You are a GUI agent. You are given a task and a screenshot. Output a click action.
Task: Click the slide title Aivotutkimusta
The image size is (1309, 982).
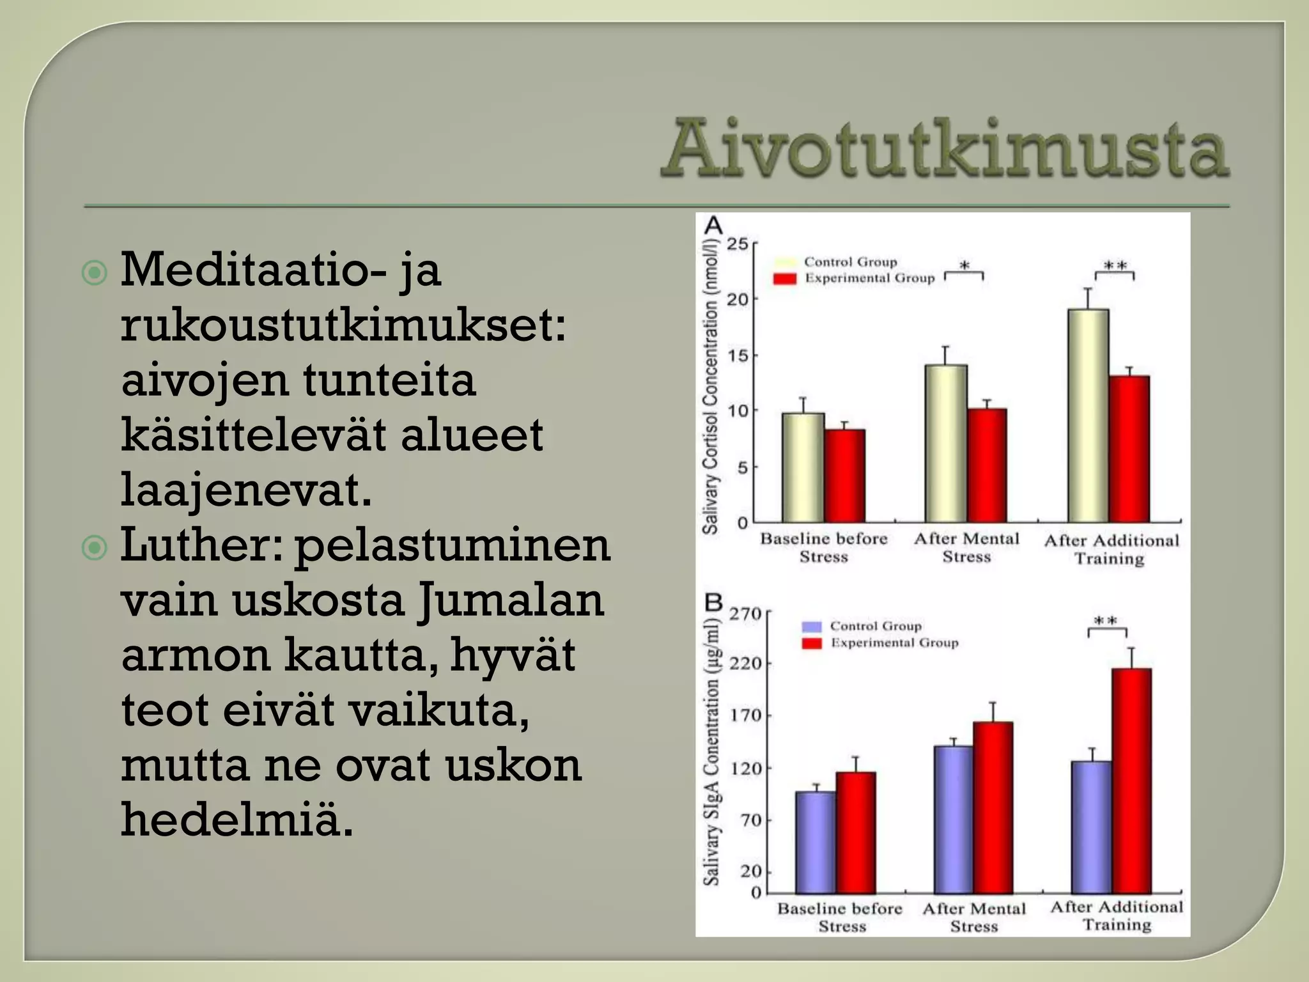click(945, 150)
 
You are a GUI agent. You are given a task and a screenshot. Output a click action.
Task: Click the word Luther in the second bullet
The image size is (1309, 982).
click(199, 545)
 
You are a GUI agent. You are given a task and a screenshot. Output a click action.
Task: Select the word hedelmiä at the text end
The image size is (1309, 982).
click(236, 819)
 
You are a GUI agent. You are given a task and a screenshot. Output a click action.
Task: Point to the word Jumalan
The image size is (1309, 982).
click(511, 600)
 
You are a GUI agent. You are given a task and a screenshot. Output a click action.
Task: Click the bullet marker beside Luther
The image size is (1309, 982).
click(95, 547)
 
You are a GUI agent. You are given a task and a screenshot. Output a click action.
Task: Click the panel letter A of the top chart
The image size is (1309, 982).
click(713, 226)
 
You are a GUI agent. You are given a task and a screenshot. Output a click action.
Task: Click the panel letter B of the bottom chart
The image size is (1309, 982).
click(713, 602)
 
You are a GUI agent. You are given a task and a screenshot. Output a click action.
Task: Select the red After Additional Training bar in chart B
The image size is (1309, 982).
click(1131, 780)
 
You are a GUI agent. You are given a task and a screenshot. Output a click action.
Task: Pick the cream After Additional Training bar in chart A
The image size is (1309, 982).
click(1088, 416)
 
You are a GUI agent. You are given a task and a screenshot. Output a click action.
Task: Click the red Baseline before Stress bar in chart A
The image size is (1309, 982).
click(844, 476)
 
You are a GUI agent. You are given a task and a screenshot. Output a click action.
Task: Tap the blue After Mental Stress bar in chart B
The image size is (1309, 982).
click(953, 820)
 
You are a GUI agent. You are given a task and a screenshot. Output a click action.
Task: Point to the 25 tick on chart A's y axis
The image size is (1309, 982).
click(737, 244)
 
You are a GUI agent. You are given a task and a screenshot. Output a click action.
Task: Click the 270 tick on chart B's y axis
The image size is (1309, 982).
click(745, 614)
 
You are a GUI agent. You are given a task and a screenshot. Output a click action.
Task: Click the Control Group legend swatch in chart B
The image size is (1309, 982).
click(811, 627)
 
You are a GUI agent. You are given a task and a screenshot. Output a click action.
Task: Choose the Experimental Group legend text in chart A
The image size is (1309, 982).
click(869, 278)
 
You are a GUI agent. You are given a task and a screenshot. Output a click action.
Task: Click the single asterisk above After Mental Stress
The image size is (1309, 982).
click(964, 265)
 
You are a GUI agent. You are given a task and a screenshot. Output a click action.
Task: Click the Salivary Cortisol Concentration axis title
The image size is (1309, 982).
click(710, 387)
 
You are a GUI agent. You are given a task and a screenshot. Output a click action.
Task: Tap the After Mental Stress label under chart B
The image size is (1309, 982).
click(973, 917)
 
